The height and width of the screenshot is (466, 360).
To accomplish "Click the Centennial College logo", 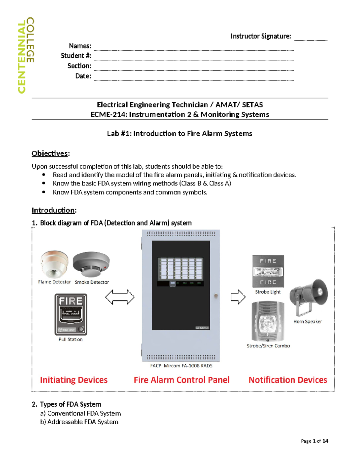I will [x=26, y=56].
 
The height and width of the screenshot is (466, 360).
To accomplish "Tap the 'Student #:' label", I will [x=76, y=56].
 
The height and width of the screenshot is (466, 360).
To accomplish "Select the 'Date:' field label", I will [x=83, y=76].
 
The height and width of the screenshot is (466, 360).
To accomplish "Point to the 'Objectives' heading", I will [x=50, y=154].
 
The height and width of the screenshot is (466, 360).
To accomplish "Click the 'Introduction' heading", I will [x=54, y=210].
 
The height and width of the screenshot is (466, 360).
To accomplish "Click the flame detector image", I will [x=54, y=264].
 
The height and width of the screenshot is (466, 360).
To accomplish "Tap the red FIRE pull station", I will [x=71, y=314].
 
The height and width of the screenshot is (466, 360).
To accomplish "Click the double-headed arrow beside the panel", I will [x=120, y=297].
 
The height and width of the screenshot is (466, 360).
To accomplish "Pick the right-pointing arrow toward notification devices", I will [x=238, y=297].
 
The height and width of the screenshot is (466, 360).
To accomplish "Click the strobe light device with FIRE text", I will [x=268, y=271].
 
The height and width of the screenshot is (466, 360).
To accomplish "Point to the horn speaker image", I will [x=308, y=297].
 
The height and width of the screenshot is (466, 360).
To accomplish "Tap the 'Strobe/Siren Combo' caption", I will [x=268, y=346].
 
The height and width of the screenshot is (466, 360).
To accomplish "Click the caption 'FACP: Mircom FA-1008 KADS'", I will [x=181, y=366].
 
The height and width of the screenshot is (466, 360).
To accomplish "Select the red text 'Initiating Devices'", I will [x=74, y=380].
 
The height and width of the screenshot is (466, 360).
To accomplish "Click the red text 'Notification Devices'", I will [x=288, y=380].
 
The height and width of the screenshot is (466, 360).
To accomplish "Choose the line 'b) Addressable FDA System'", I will [x=79, y=422].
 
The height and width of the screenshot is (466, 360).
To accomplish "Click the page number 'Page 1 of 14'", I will [x=314, y=441].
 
